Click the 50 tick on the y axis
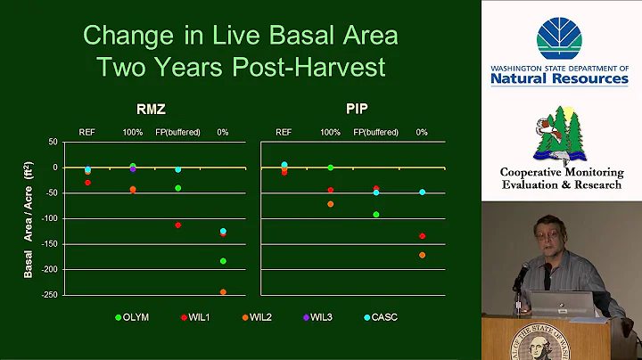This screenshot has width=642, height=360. pyautogui.click(x=52, y=142)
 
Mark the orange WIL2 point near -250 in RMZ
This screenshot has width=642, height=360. pyautogui.click(x=223, y=292)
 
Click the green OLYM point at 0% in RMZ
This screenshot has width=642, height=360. pyautogui.click(x=223, y=261)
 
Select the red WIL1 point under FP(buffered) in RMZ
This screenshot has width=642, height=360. pyautogui.click(x=177, y=225)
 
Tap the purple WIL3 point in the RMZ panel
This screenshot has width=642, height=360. pyautogui.click(x=133, y=168)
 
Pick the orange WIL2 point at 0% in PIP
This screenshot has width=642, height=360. pyautogui.click(x=422, y=255)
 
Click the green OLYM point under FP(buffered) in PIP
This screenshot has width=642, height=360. pyautogui.click(x=376, y=215)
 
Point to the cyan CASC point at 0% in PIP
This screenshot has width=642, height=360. pyautogui.click(x=422, y=192)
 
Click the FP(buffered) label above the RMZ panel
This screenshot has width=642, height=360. pyautogui.click(x=177, y=132)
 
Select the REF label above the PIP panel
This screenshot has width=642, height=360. pyautogui.click(x=284, y=132)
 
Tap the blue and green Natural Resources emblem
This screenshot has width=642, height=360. pyautogui.click(x=559, y=39)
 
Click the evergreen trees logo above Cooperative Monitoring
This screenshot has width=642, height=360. pyautogui.click(x=559, y=134)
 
